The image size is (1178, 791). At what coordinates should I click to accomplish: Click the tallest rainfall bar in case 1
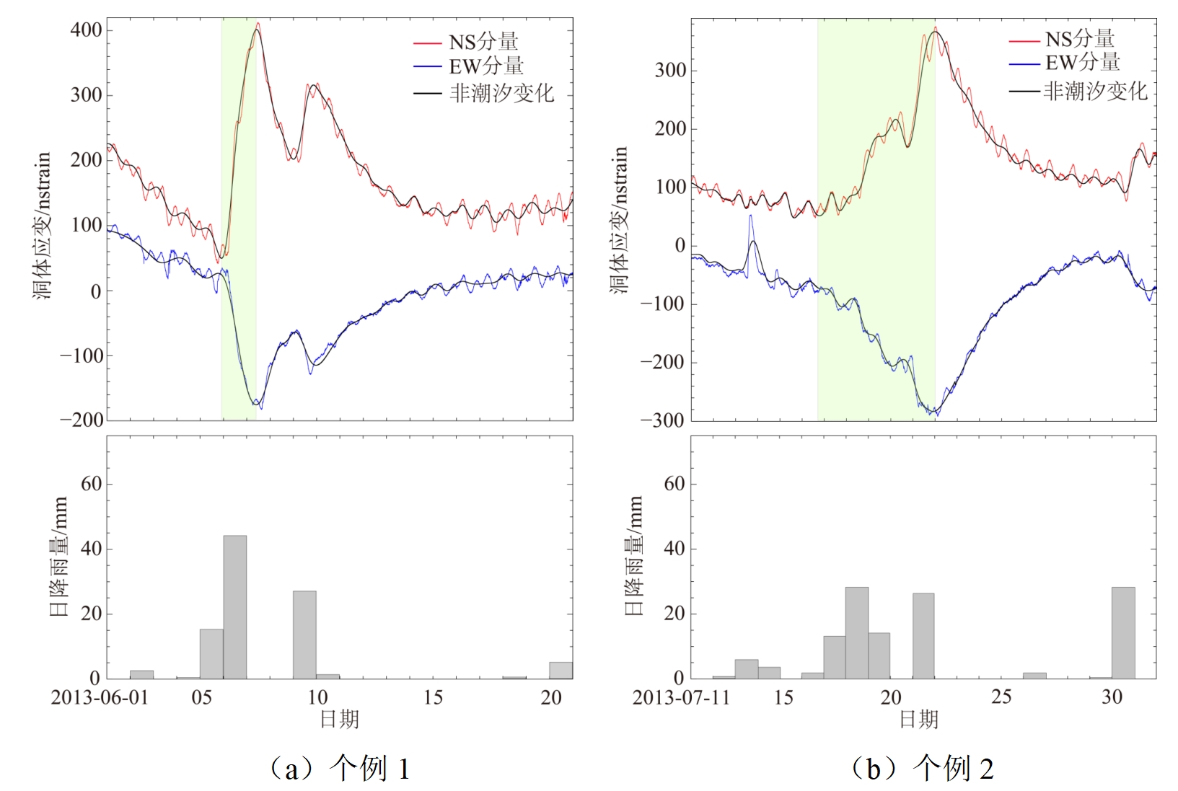click(x=234, y=606)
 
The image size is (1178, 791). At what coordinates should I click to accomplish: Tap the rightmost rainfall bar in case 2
click(x=1123, y=632)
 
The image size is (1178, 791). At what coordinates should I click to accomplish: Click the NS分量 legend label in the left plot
click(x=483, y=42)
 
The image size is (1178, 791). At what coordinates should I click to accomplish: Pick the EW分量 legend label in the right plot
click(x=1082, y=63)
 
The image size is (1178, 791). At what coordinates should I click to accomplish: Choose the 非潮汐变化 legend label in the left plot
click(x=501, y=93)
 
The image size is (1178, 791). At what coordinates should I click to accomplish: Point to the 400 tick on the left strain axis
click(x=86, y=30)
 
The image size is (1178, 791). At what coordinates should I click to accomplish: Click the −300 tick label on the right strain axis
click(x=662, y=420)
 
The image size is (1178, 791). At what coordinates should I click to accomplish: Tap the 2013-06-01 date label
click(x=100, y=698)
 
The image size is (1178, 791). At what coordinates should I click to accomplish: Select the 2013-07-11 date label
click(x=681, y=698)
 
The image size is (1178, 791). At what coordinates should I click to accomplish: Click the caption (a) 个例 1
click(x=340, y=769)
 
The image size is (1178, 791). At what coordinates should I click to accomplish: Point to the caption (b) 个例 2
click(x=923, y=769)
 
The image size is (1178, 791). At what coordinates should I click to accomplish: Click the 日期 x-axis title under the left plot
click(x=339, y=720)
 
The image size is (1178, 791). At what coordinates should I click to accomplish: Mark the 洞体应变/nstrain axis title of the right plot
click(x=620, y=220)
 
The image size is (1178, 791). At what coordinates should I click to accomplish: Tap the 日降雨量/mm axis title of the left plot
click(x=58, y=555)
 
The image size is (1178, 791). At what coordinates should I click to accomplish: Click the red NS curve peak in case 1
click(x=258, y=24)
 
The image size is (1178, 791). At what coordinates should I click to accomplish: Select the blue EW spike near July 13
click(x=750, y=216)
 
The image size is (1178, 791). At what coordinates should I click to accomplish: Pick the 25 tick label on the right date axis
click(x=1001, y=697)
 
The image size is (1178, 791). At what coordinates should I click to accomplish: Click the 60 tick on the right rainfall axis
click(x=674, y=484)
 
